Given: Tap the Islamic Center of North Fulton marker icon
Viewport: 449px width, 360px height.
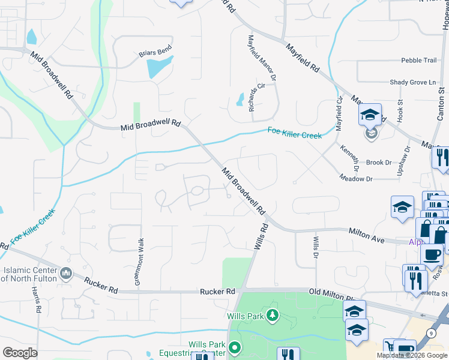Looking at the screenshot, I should point(67,274).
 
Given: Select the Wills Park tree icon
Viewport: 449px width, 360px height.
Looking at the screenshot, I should point(273,315).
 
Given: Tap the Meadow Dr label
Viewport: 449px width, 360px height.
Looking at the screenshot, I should point(356,178).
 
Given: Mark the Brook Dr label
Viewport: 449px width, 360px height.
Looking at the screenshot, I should point(378,163).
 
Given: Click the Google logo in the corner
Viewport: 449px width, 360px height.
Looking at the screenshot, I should point(20,353).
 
